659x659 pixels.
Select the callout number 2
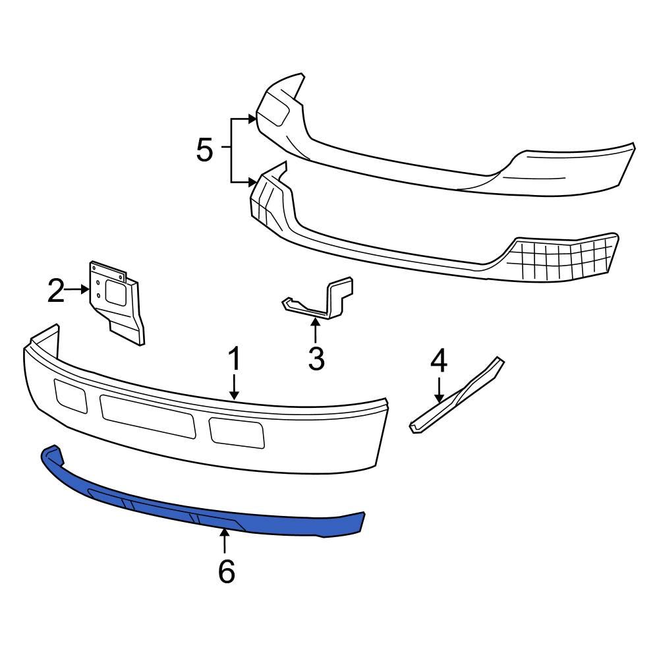pos(56,291)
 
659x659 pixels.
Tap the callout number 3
pos(316,358)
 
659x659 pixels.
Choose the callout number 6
pos(226,572)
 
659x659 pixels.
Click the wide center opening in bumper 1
pos(148,416)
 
